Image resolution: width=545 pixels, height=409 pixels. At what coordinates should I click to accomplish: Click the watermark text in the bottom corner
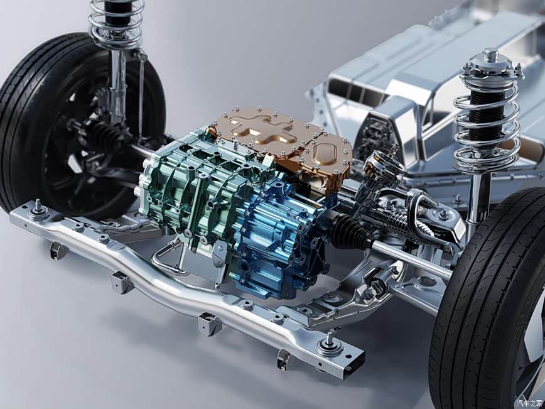tap(529, 403)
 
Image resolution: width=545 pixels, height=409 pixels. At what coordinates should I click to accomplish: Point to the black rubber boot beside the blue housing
tap(351, 231)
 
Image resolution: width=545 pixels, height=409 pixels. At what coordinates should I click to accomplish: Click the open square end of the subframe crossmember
tap(355, 362)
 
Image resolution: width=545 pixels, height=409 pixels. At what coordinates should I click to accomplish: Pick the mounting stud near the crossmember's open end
tap(329, 344)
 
